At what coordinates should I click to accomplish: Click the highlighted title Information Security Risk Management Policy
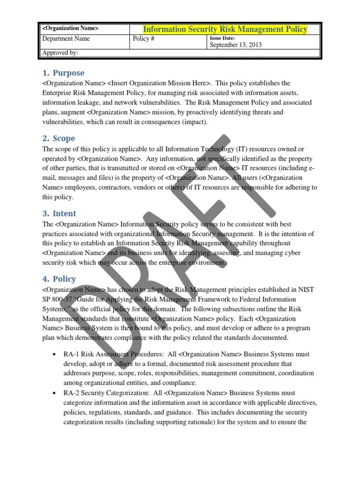[225, 30]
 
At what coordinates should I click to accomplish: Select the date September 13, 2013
[235, 45]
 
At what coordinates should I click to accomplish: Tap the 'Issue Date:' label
[222, 38]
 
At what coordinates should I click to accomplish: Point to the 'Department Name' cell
[66, 39]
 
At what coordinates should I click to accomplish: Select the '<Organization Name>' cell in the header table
[70, 29]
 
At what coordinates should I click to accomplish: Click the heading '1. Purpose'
[63, 73]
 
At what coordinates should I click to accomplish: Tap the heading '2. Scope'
[59, 139]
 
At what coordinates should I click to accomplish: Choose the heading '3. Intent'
[59, 214]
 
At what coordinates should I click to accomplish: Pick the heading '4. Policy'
[59, 279]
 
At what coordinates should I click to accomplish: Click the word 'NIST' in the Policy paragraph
[304, 290]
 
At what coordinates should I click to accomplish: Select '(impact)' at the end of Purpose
[193, 122]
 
